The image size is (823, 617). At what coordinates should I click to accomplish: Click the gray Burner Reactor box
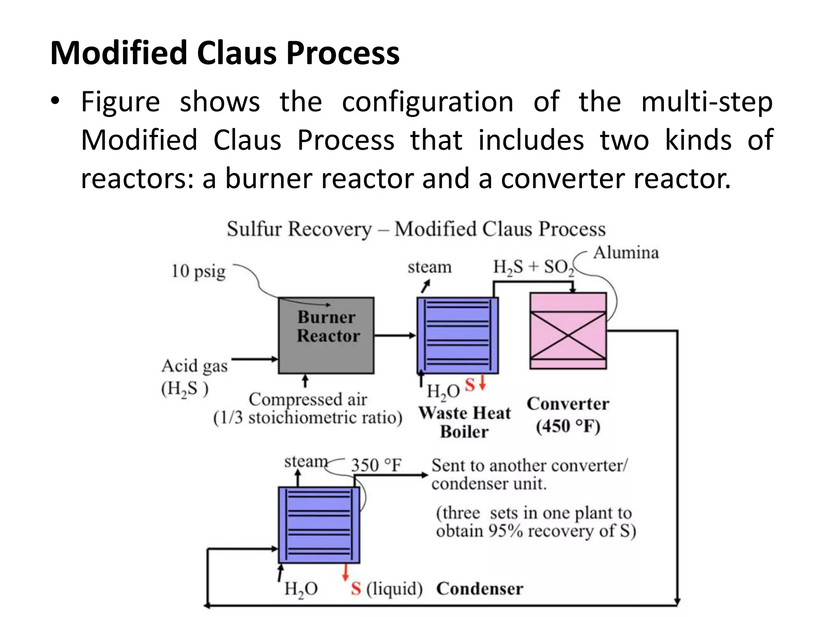pyautogui.click(x=326, y=335)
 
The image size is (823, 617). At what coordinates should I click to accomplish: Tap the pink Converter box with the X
pyautogui.click(x=568, y=331)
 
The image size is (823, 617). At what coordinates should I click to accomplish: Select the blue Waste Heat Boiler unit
pyautogui.click(x=457, y=335)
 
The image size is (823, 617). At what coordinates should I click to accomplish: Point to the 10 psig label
pyautogui.click(x=198, y=271)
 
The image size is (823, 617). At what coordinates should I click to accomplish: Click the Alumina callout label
pyautogui.click(x=626, y=253)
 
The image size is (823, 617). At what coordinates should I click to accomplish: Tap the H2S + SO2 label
pyautogui.click(x=533, y=267)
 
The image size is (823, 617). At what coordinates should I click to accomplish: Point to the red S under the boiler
pyautogui.click(x=470, y=385)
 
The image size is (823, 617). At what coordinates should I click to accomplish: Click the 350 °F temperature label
pyautogui.click(x=376, y=465)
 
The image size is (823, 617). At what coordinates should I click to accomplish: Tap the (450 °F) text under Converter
pyautogui.click(x=568, y=426)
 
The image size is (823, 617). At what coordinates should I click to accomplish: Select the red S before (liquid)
pyautogui.click(x=356, y=589)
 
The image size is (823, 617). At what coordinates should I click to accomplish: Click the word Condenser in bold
pyautogui.click(x=479, y=589)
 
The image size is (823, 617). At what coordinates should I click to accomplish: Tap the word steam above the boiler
pyautogui.click(x=429, y=267)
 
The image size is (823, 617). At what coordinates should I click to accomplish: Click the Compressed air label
pyautogui.click(x=307, y=399)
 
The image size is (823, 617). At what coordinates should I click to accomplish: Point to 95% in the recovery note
pyautogui.click(x=506, y=531)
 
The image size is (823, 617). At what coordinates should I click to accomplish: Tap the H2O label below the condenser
pyautogui.click(x=301, y=589)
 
